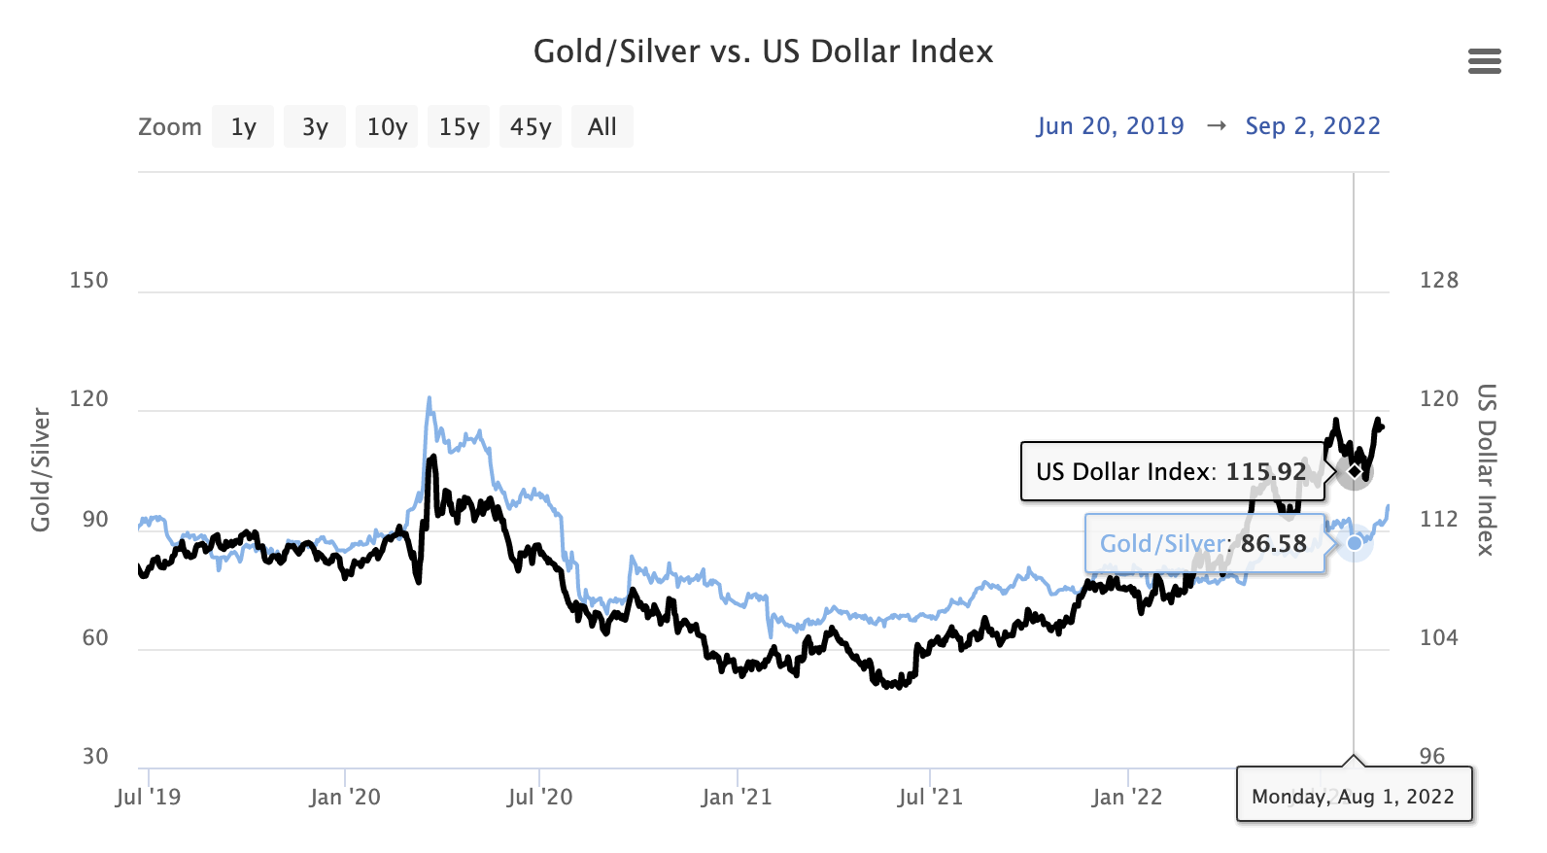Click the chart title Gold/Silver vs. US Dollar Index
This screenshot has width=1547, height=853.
[x=763, y=51]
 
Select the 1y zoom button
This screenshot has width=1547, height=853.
[x=243, y=127]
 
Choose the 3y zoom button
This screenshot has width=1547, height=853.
[x=315, y=127]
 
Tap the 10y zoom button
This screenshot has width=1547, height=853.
[x=387, y=127]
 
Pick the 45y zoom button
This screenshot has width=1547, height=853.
[x=531, y=127]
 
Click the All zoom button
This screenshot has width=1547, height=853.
[x=602, y=127]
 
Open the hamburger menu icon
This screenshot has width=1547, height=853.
[x=1484, y=62]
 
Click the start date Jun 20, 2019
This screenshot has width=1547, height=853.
[x=1110, y=126]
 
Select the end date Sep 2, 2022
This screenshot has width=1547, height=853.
[x=1313, y=126]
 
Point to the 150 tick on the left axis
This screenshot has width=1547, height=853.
[x=88, y=281]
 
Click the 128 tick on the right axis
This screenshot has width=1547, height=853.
[x=1439, y=281]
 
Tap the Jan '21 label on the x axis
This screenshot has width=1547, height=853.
[x=737, y=798]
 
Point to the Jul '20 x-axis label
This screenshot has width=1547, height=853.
[x=539, y=798]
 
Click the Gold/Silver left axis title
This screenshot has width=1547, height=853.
[x=41, y=470]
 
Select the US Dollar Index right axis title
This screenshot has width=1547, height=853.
[x=1486, y=470]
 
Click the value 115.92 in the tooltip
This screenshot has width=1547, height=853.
[x=1265, y=472]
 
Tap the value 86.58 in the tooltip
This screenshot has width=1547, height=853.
[x=1273, y=544]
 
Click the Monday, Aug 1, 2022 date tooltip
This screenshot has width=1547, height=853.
[x=1353, y=797]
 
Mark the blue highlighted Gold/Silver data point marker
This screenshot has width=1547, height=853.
[x=1354, y=543]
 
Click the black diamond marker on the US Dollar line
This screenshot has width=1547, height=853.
[x=1354, y=471]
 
